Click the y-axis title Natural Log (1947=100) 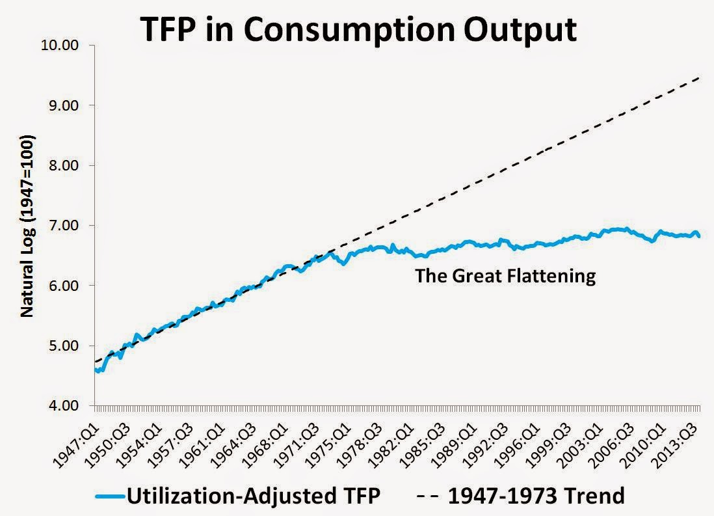(x=27, y=226)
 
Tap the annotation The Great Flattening (x=505, y=276)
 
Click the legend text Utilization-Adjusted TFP (x=253, y=496)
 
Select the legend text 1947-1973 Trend (x=536, y=496)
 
